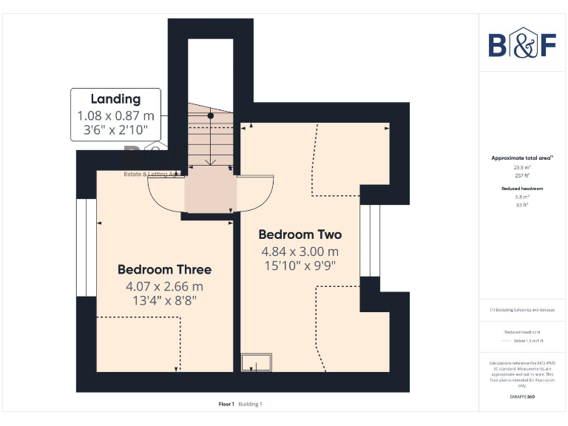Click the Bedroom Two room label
coord(300,234)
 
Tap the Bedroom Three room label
coord(164,269)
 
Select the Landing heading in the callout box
coord(115,99)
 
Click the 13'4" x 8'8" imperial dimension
coord(164,301)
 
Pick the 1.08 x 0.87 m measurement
coord(115,115)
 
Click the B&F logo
coord(522,44)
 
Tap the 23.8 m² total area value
coord(522,168)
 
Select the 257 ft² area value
coord(522,176)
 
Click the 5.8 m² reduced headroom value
coord(522,197)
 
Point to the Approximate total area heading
coord(521,158)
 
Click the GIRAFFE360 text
coord(522,397)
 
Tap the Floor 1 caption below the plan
coord(226,404)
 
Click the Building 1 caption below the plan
coord(250,404)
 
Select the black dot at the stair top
coord(211,116)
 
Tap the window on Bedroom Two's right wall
coord(370,240)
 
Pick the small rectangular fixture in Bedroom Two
coord(257,362)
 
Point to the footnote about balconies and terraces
coord(522,310)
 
